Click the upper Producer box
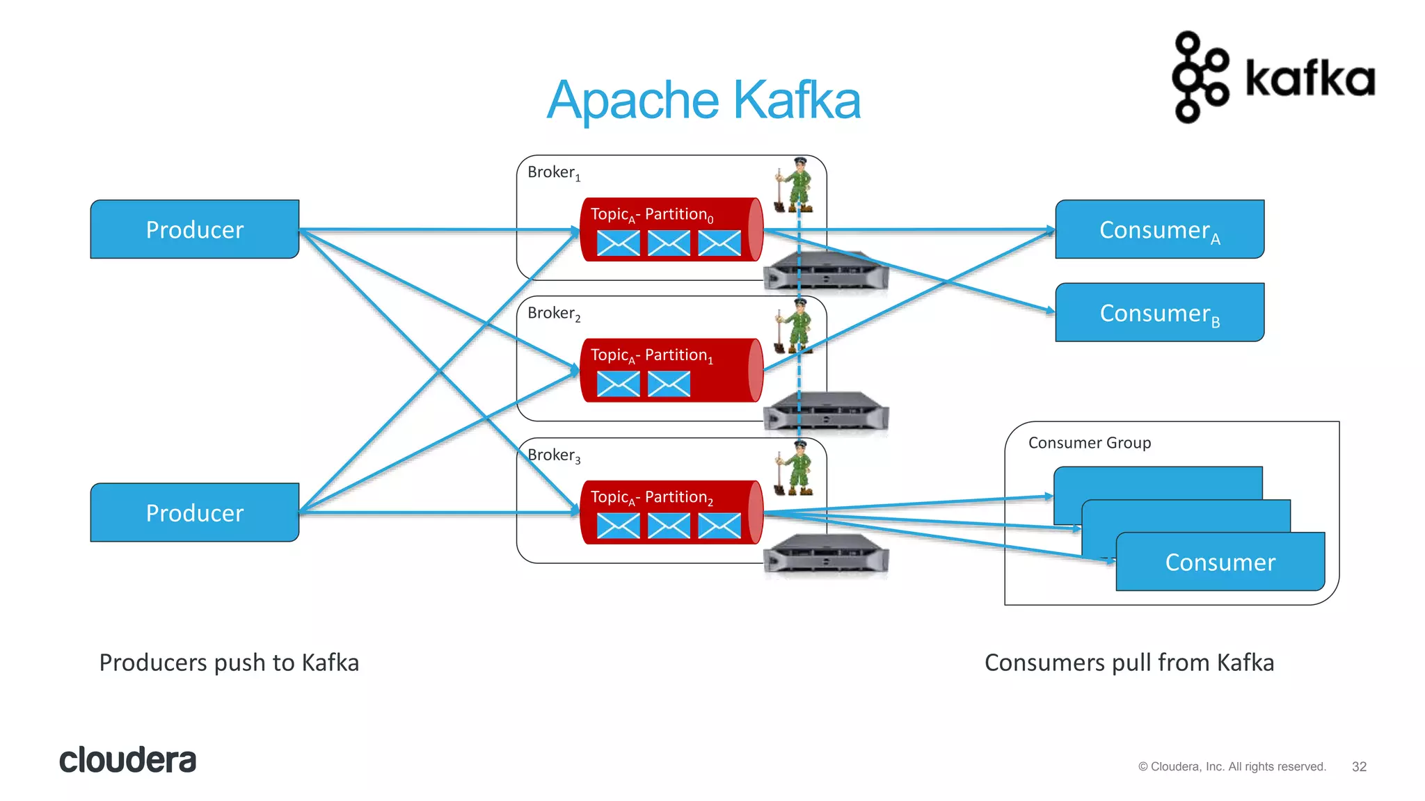coord(195,229)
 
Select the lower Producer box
coord(195,512)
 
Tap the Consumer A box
coord(1159,229)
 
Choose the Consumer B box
coord(1159,313)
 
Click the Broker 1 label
coord(553,172)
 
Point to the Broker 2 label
coord(553,314)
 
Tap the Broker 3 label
coord(553,455)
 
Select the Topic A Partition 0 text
coord(651,214)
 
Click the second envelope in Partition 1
coord(669,384)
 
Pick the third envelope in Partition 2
coord(719,526)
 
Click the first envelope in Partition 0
coord(618,243)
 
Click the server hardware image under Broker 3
coord(826,554)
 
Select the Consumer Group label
coord(1089,443)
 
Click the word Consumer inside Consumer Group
coord(1220,562)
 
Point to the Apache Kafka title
coord(703,100)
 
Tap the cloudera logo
coord(128,760)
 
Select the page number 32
coord(1359,766)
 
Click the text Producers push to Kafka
coord(229,663)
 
